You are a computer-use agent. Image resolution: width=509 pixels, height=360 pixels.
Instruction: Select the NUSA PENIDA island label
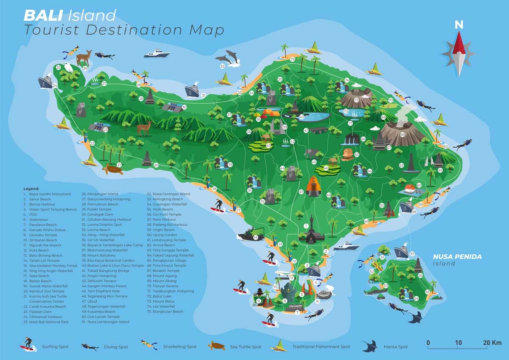coord(457,257)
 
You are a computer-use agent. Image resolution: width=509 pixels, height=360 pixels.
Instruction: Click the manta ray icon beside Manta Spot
coord(370,346)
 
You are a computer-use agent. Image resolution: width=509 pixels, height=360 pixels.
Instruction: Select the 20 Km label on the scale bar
coord(492,343)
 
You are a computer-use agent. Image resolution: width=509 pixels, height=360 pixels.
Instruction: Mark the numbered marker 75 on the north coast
coord(292,59)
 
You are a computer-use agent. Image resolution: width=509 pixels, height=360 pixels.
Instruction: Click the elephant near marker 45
coord(311,154)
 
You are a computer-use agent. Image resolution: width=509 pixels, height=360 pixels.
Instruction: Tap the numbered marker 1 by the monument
coord(305,226)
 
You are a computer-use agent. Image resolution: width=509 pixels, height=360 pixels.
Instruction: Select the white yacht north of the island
coord(157,53)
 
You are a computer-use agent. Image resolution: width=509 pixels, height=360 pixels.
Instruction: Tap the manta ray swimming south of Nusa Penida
coord(416,316)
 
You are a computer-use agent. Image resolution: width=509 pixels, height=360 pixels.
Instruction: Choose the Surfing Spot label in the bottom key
coord(55,347)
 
